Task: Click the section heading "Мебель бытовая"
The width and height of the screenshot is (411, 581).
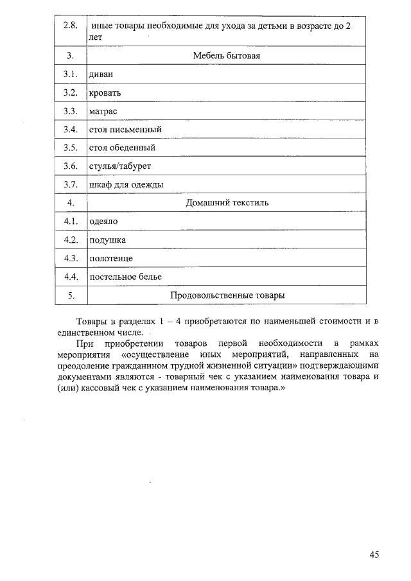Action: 227,56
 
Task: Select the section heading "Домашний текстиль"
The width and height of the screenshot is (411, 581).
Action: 227,203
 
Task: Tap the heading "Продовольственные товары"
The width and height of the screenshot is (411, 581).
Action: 227,295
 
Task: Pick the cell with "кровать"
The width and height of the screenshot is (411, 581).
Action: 105,93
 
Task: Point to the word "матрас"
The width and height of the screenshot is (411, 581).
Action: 103,111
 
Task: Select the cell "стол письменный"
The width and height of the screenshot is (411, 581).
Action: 125,130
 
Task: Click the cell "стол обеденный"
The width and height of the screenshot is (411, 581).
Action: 122,148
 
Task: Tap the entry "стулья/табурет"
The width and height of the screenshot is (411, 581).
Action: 120,166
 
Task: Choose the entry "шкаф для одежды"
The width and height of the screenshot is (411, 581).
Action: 126,185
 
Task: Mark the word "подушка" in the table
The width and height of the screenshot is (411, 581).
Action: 107,240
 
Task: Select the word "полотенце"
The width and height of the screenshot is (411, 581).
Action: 111,259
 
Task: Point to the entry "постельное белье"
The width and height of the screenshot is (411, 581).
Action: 125,277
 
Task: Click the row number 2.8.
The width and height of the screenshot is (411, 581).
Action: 71,26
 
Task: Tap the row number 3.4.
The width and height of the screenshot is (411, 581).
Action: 71,130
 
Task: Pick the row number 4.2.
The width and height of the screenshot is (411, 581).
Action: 71,240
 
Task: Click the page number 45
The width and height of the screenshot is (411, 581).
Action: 374,554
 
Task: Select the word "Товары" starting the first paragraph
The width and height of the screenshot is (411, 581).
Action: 91,321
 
